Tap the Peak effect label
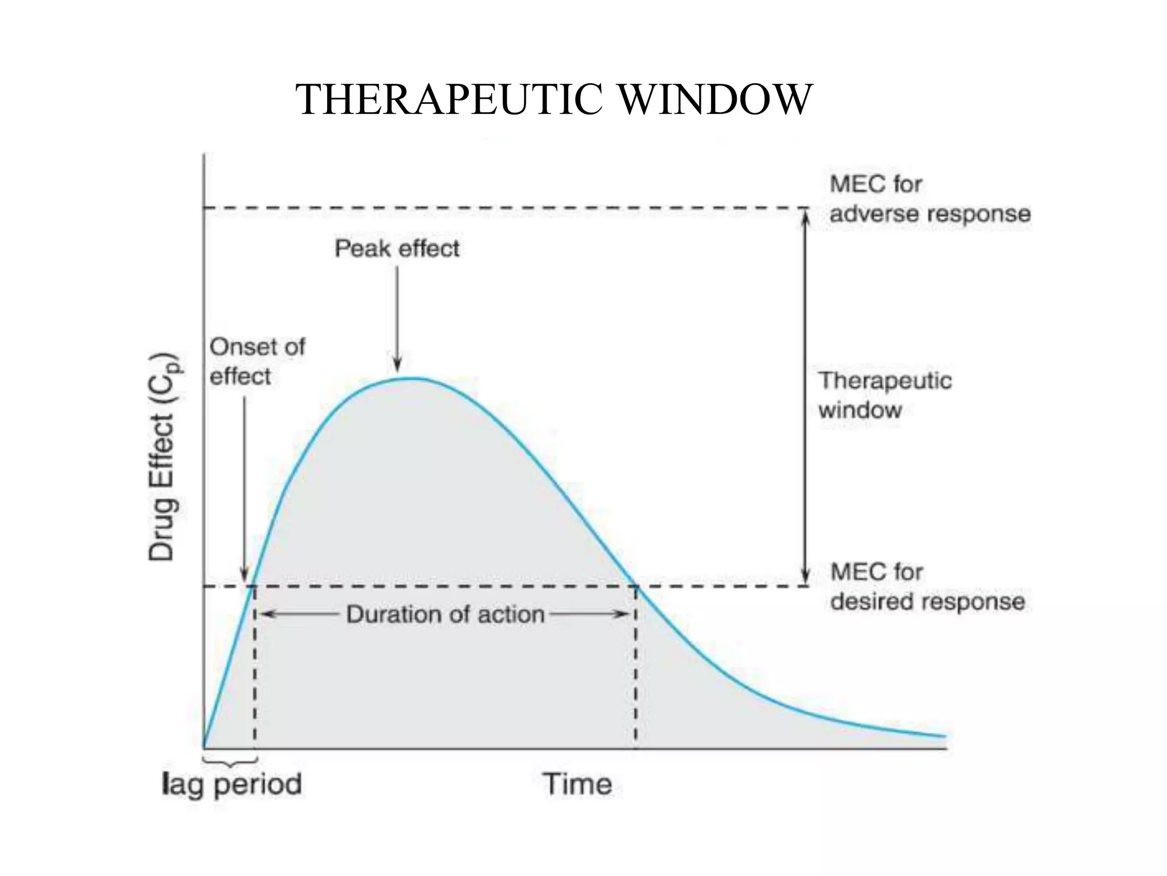397,249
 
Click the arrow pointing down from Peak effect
397,319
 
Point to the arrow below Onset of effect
244,490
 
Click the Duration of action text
445,614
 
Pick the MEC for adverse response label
929,199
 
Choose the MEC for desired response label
927,587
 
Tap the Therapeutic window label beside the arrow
884,395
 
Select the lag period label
231,784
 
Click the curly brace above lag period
230,761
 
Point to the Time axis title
577,784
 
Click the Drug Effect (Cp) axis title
164,457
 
